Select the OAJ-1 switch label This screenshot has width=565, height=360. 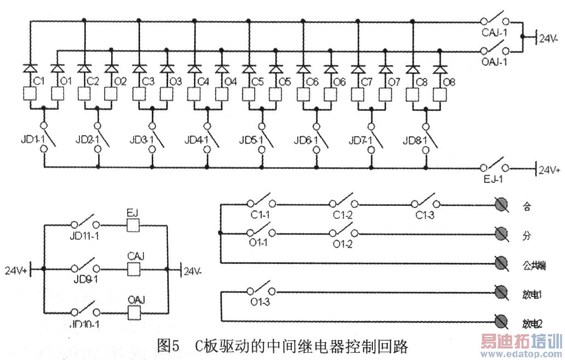click(494, 62)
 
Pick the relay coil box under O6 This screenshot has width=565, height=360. click(330, 94)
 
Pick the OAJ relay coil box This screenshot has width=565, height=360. click(135, 312)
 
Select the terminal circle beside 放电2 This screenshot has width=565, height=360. click(500, 321)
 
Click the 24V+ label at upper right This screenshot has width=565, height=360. click(549, 170)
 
